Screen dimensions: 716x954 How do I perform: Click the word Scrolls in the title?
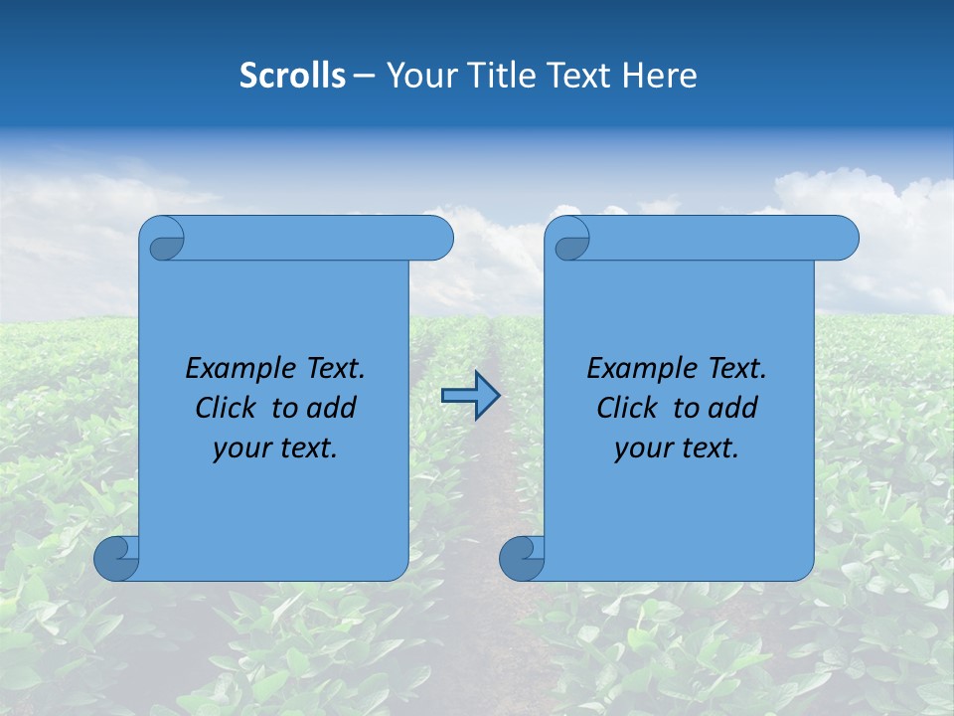[x=293, y=75]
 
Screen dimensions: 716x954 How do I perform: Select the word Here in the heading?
[x=660, y=75]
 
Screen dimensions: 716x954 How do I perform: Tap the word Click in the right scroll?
[x=627, y=408]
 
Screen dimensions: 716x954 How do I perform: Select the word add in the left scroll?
[x=332, y=408]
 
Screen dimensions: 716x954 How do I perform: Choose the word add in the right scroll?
[x=733, y=408]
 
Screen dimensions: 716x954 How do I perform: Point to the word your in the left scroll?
[x=239, y=448]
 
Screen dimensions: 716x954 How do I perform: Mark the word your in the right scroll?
[x=641, y=448]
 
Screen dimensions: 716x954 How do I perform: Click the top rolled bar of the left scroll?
[x=318, y=239]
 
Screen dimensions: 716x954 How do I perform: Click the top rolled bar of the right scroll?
[x=723, y=239]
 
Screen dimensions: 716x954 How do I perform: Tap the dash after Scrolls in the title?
[x=364, y=76]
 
